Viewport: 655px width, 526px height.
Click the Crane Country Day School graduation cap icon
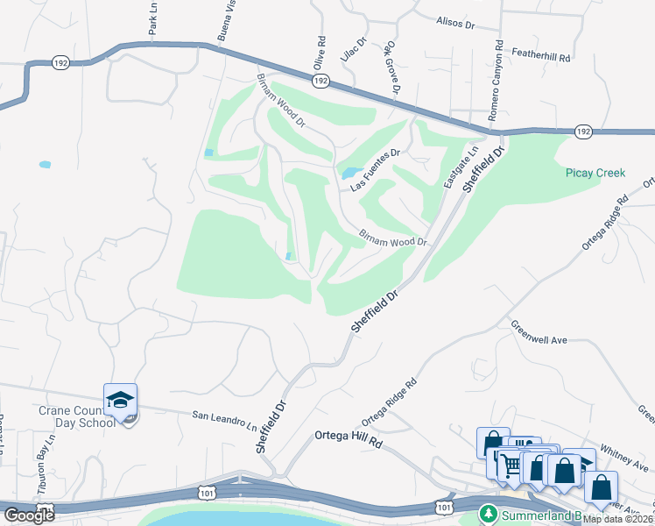click(121, 400)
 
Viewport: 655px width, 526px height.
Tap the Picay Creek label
click(595, 173)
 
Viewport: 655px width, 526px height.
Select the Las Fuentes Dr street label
click(375, 170)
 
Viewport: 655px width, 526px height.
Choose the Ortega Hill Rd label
click(349, 437)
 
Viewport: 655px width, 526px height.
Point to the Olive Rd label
click(320, 53)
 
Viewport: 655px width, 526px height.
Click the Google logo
click(29, 515)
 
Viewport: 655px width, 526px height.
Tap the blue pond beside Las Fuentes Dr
click(351, 173)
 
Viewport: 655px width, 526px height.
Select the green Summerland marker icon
click(487, 514)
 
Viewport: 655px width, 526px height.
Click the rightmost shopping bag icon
click(601, 487)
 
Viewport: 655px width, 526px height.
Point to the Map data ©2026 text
click(618, 519)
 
